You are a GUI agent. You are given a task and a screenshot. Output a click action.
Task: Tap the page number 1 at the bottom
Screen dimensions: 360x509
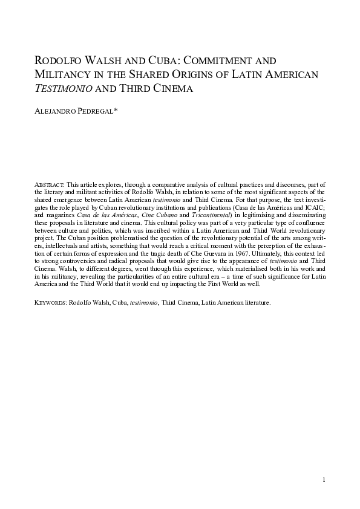click(x=324, y=481)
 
